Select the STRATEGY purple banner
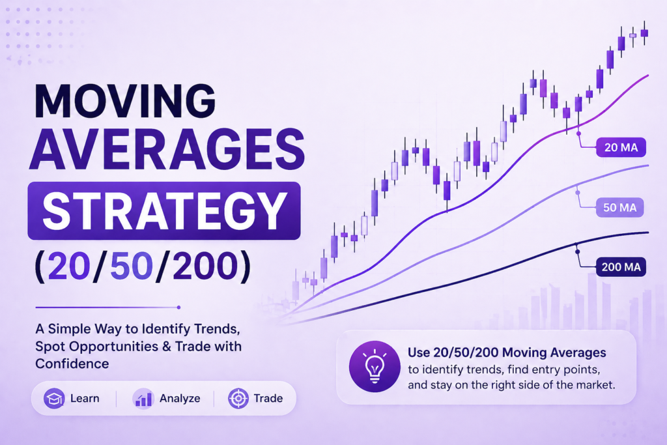pos(163,210)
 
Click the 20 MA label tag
pos(621,148)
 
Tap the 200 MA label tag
pos(620,266)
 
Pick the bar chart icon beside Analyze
pos(143,398)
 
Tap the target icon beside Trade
pos(238,398)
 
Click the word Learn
pos(85,398)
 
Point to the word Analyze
pos(180,398)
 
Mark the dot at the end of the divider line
pos(178,308)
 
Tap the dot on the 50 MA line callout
pos(576,192)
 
